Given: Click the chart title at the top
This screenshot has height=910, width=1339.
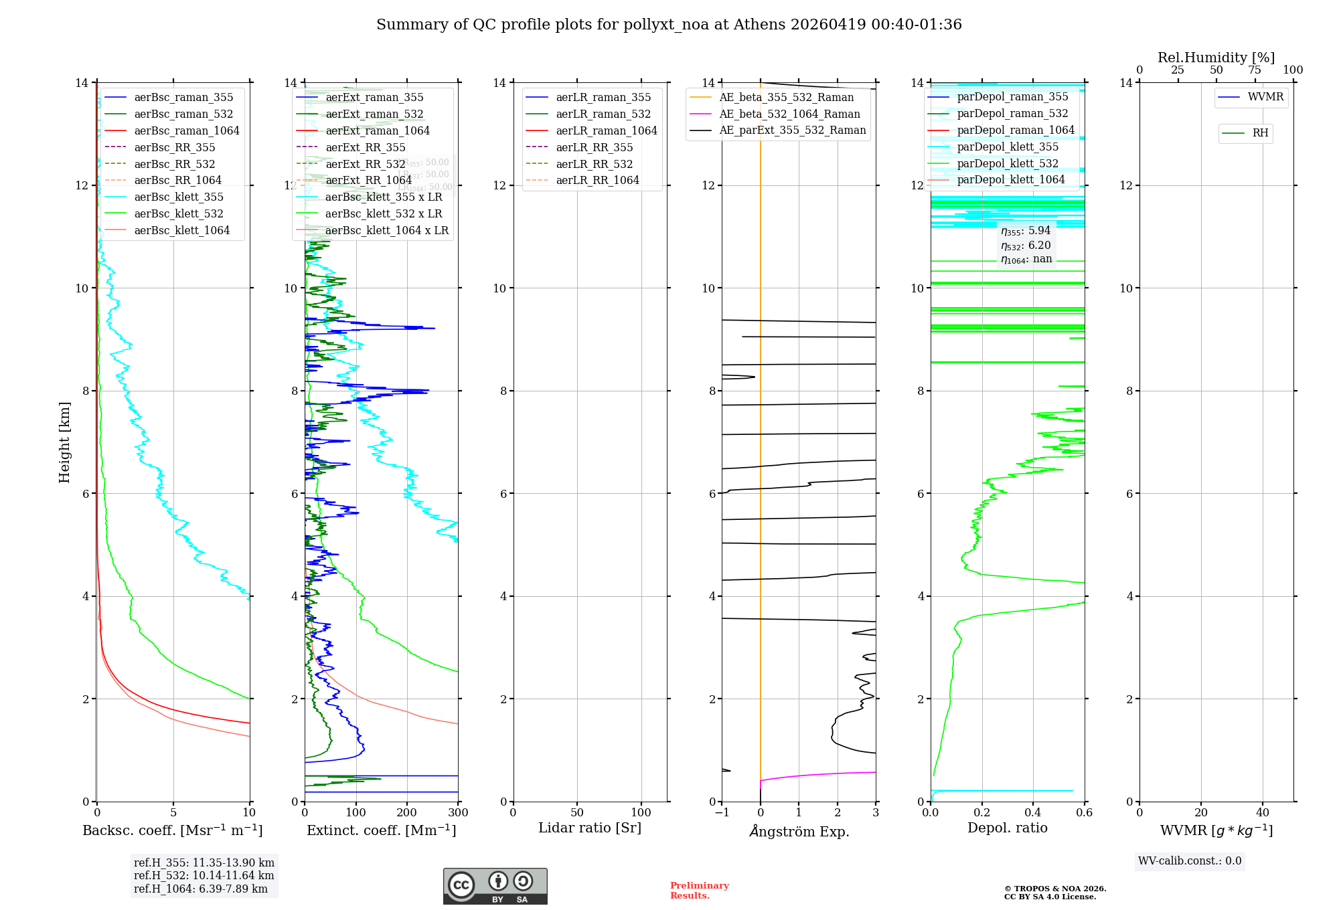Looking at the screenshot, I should click(x=669, y=25).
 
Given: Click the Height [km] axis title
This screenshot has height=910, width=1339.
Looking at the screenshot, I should click(x=64, y=442).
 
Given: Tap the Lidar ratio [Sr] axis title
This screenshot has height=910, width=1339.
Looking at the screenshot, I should click(x=589, y=828).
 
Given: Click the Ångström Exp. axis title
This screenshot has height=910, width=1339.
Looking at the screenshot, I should click(x=799, y=831).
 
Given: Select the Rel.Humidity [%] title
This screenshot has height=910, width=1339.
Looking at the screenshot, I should click(x=1216, y=58).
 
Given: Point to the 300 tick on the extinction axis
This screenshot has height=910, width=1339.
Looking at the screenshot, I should click(x=458, y=812).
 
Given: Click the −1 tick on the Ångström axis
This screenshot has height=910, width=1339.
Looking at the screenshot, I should click(x=722, y=812).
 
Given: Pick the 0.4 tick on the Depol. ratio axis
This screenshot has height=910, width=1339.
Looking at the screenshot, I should click(x=1033, y=812).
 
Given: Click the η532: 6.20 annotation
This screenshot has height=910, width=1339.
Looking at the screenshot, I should click(x=1026, y=246).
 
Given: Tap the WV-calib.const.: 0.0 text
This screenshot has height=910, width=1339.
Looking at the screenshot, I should click(x=1189, y=861).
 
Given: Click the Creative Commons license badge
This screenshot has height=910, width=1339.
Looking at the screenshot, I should click(x=495, y=886).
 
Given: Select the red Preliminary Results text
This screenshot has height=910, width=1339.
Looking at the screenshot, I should click(x=699, y=891).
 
